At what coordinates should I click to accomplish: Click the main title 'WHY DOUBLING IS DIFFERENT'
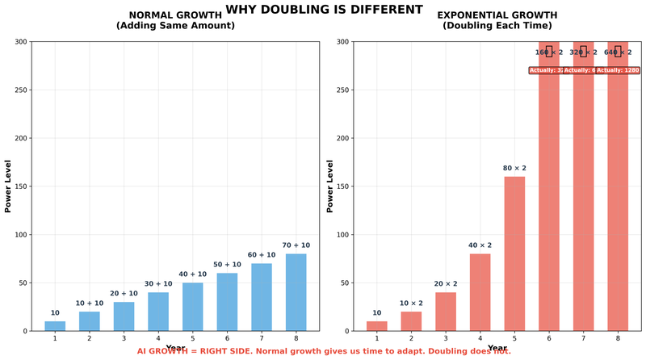pyautogui.click(x=323, y=10)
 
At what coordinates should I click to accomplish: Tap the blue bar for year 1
pyautogui.click(x=55, y=326)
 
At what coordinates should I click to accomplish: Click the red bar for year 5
pyautogui.click(x=514, y=253)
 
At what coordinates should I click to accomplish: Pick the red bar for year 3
pyautogui.click(x=446, y=312)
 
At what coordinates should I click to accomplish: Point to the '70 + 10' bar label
pyautogui.click(x=296, y=245)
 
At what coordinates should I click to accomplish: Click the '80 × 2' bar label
pyautogui.click(x=514, y=168)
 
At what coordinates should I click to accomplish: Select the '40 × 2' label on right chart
pyautogui.click(x=480, y=245)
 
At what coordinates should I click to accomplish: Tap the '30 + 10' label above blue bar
pyautogui.click(x=158, y=283)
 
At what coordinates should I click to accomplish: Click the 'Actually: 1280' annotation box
pyautogui.click(x=619, y=70)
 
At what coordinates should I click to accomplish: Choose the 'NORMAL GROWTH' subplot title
pyautogui.click(x=175, y=15)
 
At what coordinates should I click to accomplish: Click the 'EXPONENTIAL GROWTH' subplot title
pyautogui.click(x=497, y=15)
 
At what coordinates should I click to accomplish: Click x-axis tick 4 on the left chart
pyautogui.click(x=158, y=338)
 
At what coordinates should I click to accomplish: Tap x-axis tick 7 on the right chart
pyautogui.click(x=583, y=338)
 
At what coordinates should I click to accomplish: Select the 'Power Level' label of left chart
pyautogui.click(x=8, y=186)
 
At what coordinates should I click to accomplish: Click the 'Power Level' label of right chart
pyautogui.click(x=329, y=186)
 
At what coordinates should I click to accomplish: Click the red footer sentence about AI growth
pyautogui.click(x=323, y=352)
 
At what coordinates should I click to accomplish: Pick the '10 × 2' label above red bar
pyautogui.click(x=411, y=303)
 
